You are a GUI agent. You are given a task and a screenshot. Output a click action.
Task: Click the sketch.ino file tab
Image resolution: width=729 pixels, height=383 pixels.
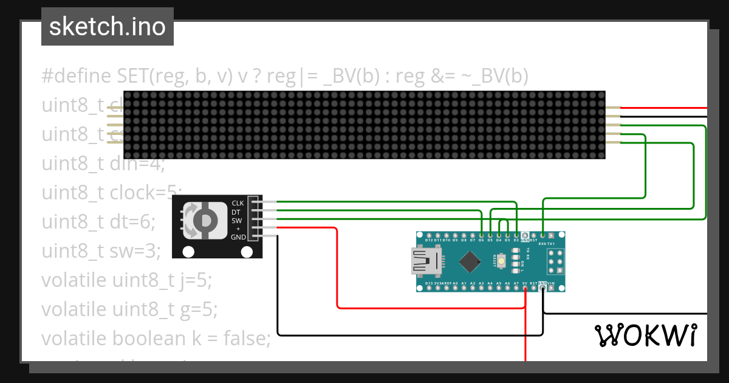pos(108,27)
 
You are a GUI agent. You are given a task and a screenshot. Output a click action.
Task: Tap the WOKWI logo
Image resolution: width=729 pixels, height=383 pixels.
pos(645,335)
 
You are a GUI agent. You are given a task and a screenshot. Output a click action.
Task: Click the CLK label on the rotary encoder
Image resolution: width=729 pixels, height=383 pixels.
pos(238,203)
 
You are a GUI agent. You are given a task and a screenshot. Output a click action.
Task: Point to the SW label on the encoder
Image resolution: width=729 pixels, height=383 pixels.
pos(238,220)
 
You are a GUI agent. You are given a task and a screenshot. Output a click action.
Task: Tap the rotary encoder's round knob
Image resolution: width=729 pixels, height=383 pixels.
pos(206,219)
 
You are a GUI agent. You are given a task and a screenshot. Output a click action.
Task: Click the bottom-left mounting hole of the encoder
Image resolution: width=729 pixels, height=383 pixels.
pos(188,252)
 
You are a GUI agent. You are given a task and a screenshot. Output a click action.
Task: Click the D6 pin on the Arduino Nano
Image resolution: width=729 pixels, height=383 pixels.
pos(481,235)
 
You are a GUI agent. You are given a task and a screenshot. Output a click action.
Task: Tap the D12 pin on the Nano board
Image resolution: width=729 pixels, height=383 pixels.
pos(429,235)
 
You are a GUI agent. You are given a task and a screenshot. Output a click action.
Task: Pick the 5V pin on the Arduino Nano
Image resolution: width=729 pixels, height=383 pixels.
pos(525,288)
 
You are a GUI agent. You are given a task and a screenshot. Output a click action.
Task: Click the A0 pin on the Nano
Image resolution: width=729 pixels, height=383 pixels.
pos(455,288)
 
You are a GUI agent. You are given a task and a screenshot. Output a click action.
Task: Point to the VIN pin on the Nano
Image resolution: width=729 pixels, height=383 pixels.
pos(551,288)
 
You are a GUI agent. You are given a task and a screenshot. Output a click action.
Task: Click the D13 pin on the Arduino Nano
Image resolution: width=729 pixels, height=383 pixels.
pos(429,288)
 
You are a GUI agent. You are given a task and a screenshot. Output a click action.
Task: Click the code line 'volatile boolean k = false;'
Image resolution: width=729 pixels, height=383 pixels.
pos(156,338)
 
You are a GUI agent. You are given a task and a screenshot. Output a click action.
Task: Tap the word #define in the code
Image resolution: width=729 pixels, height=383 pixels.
pos(77,76)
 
